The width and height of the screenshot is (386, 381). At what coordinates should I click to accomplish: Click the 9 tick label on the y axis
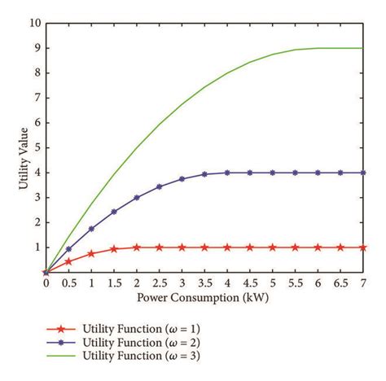(x=36, y=48)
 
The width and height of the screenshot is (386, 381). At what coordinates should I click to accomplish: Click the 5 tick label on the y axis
(x=36, y=148)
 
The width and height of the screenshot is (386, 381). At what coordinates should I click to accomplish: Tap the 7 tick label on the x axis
(x=363, y=282)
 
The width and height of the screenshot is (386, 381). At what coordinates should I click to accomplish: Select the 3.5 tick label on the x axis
(x=204, y=282)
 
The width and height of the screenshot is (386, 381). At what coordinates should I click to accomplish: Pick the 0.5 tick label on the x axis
(x=68, y=282)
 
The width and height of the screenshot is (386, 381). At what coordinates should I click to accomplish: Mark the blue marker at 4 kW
(x=227, y=173)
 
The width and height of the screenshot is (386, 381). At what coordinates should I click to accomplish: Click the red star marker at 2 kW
(x=137, y=247)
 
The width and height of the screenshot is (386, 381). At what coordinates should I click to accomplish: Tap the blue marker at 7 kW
(x=363, y=173)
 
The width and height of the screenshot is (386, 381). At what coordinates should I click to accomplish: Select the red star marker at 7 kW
(x=363, y=247)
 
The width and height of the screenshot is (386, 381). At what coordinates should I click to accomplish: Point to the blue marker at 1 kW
(x=91, y=229)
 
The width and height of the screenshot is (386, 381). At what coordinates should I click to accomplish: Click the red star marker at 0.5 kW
(x=68, y=261)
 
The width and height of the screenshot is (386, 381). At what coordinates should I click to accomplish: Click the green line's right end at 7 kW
(x=363, y=48)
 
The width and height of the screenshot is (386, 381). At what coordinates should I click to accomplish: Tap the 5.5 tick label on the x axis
(x=295, y=282)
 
